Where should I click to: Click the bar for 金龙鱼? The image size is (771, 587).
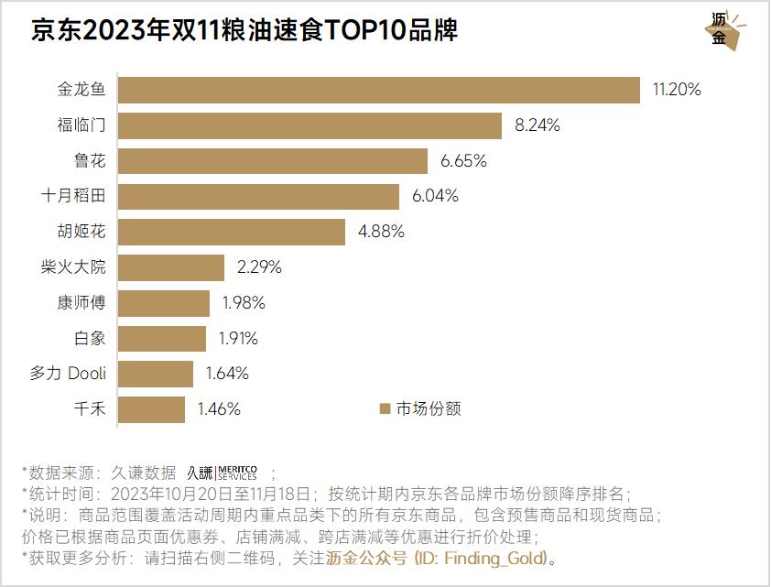tap(379, 90)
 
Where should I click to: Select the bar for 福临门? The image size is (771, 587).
tap(310, 125)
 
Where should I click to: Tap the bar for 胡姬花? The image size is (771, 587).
tap(232, 232)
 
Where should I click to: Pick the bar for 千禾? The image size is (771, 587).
tap(152, 409)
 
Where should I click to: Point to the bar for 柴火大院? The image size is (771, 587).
tap(171, 267)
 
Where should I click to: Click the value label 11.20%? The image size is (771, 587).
tap(676, 90)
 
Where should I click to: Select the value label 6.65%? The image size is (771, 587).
tap(463, 161)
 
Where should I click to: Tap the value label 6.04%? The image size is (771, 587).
tap(435, 196)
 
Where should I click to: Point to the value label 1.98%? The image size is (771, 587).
tap(243, 303)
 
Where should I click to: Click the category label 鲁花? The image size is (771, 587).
tap(90, 161)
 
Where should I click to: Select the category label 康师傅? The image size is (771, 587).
tap(81, 303)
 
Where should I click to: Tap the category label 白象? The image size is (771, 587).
tap(90, 338)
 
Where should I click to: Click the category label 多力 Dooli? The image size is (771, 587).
tap(68, 374)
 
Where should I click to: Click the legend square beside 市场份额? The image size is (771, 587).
tap(385, 409)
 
